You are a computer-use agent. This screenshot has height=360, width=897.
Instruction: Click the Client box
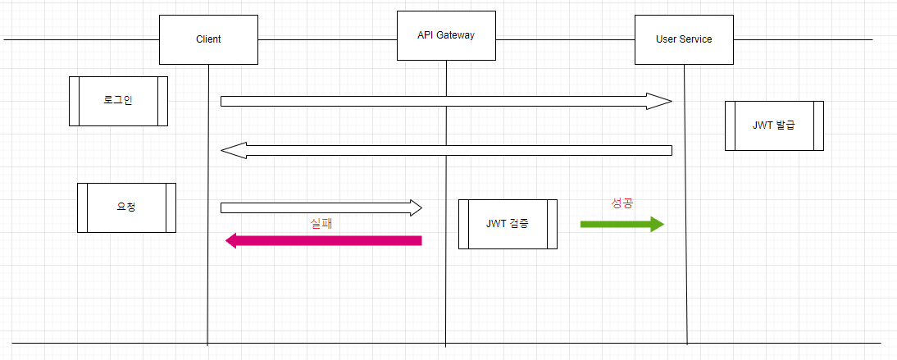(x=208, y=39)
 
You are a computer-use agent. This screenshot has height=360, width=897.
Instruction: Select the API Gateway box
(x=446, y=35)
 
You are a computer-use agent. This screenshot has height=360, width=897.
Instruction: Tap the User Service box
(x=684, y=39)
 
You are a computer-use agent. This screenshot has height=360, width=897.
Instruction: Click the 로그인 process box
(x=118, y=101)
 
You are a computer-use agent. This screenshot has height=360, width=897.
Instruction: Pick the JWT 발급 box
(x=774, y=125)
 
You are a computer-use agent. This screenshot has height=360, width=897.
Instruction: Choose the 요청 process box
(x=126, y=207)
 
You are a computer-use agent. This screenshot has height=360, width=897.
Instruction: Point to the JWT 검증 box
(x=508, y=224)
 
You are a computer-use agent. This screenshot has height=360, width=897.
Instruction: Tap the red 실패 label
(x=321, y=222)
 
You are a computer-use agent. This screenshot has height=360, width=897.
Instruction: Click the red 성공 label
(x=622, y=203)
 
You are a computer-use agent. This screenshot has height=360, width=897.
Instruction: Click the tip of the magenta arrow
(x=227, y=240)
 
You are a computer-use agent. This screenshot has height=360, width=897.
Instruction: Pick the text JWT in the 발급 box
(x=762, y=125)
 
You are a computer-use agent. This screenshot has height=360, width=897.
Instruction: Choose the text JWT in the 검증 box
(x=496, y=224)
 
